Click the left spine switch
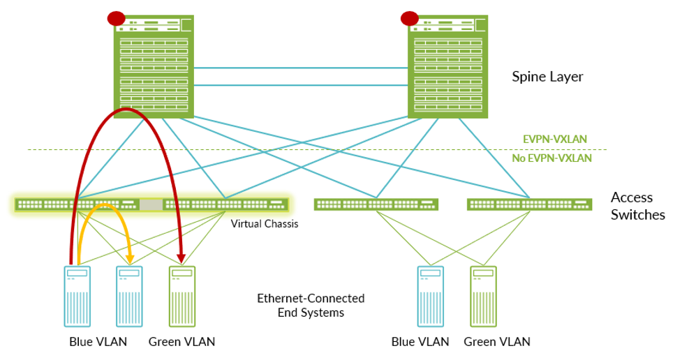click(x=154, y=66)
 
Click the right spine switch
click(x=447, y=66)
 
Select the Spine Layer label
click(x=547, y=77)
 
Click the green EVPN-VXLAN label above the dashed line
click(x=555, y=139)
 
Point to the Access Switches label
click(x=637, y=206)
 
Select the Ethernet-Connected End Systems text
click(x=311, y=306)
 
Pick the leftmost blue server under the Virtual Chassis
click(x=77, y=296)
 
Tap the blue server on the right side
click(x=430, y=296)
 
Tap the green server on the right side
click(x=483, y=296)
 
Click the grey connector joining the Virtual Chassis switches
click(x=150, y=205)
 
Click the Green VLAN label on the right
click(x=497, y=342)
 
